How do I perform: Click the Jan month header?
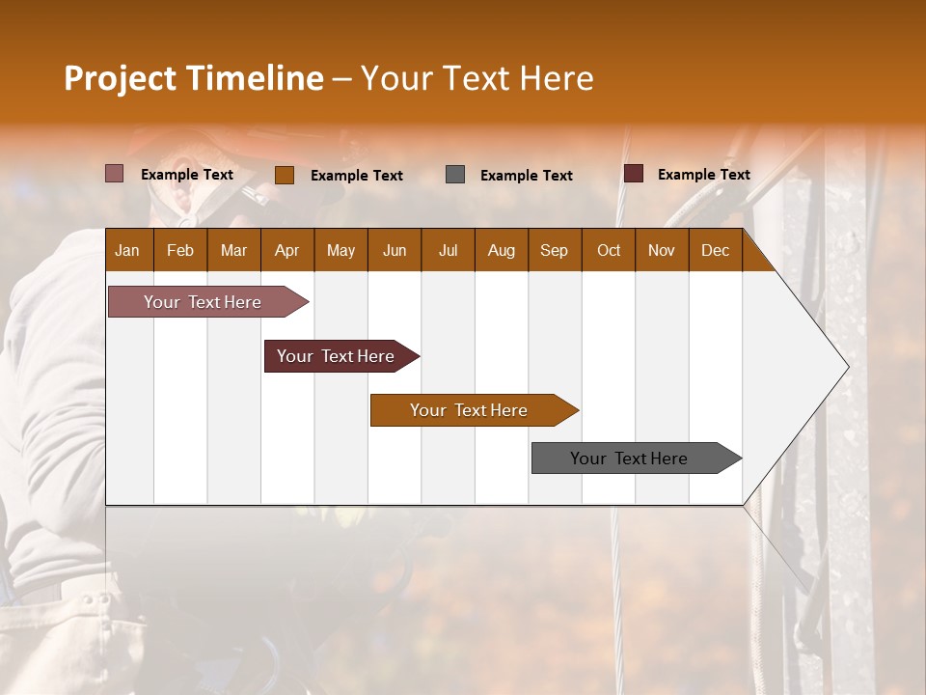coord(127,250)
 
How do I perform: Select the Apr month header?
coord(287,250)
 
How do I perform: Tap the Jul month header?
coord(448,250)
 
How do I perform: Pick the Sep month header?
coord(554,250)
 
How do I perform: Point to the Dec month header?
coord(715,250)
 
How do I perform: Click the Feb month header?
coord(180,250)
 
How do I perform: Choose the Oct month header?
coord(609,250)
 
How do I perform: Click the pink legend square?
coord(114,174)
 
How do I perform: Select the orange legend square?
coord(285,175)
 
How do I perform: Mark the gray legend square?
coord(455,174)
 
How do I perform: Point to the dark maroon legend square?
coord(634,174)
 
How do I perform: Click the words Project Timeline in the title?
coord(194,78)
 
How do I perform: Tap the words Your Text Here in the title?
coord(477,78)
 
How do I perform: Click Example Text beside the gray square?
coord(526,176)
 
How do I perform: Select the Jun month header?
coord(395,250)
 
